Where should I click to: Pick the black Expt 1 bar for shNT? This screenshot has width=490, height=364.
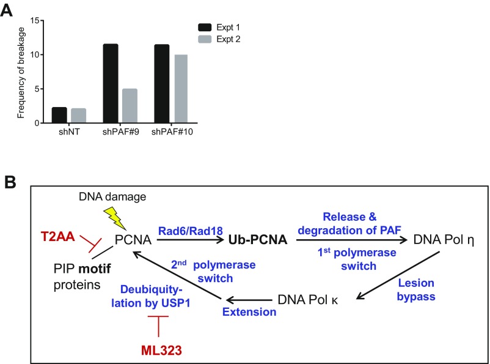tap(59, 115)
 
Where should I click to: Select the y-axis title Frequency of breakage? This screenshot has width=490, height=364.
tap(21, 72)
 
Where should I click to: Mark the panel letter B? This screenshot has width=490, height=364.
tap(11, 183)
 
